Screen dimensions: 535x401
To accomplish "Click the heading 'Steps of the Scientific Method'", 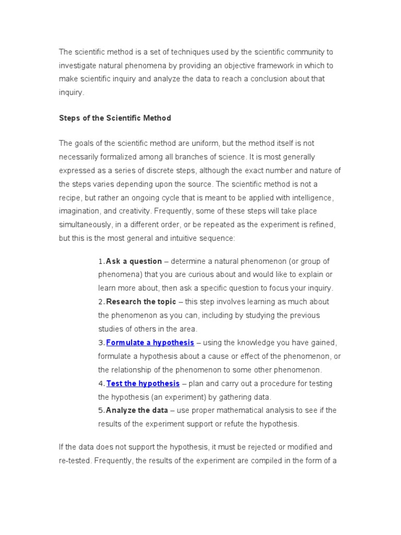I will click(115, 118).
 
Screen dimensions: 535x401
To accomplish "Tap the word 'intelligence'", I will click(312, 197).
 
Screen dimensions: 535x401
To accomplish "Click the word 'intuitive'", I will click(191, 238).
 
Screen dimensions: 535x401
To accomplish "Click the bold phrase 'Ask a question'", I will click(134, 261).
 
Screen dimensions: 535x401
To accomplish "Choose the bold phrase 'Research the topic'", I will click(141, 302).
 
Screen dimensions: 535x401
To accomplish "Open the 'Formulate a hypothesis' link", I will click(150, 343).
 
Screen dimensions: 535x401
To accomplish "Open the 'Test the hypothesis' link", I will click(143, 383).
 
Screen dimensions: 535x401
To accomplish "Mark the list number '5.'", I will click(101, 411).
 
